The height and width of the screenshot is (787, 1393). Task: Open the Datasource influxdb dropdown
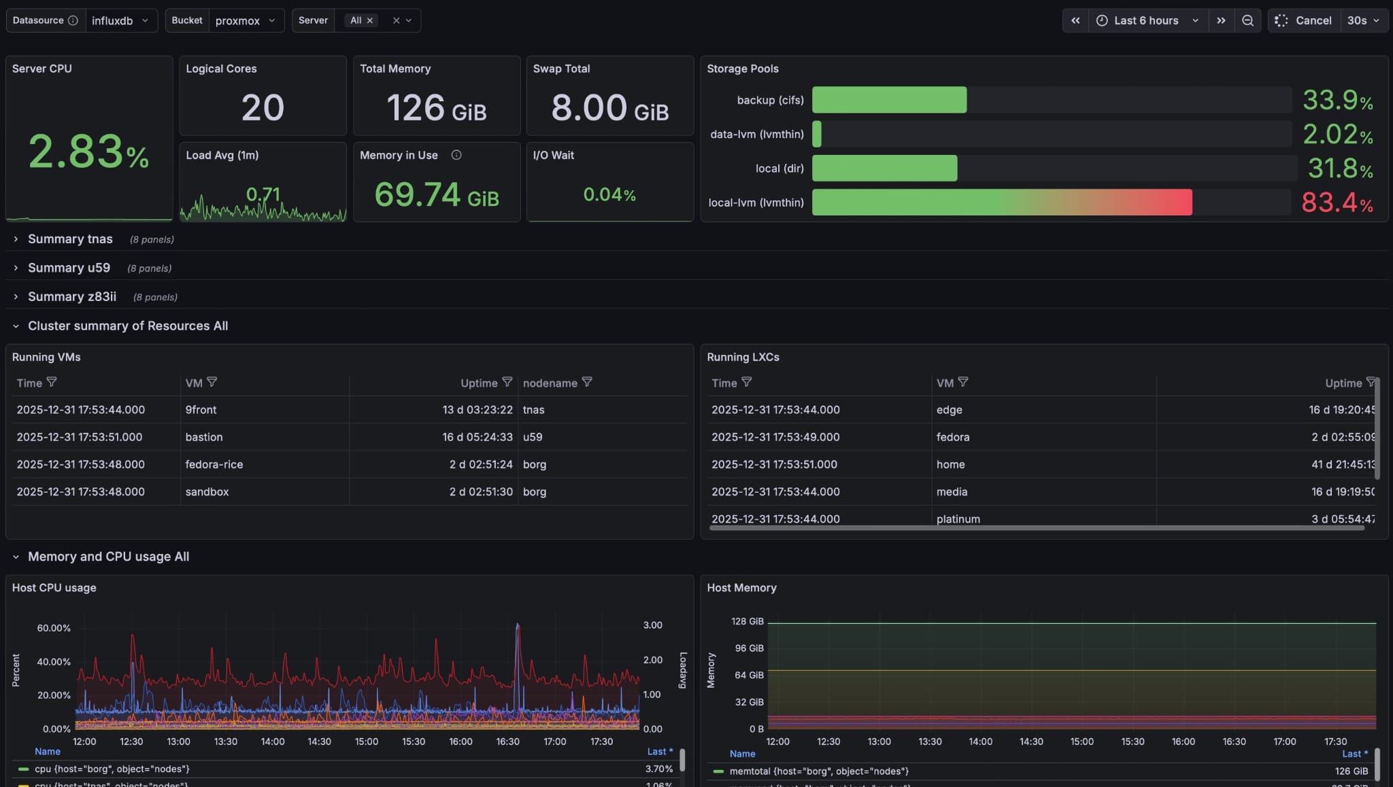[x=120, y=20]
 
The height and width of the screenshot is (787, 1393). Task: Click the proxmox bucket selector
[x=244, y=20]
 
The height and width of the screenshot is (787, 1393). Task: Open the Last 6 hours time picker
[x=1147, y=20]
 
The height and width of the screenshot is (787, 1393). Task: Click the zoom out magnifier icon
[x=1247, y=20]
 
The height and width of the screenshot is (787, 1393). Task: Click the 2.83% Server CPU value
[x=88, y=151]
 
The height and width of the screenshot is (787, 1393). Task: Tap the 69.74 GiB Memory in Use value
[x=436, y=195]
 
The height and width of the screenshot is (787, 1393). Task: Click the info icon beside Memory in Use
[x=456, y=155]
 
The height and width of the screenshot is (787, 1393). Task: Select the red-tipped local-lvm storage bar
[x=1001, y=203]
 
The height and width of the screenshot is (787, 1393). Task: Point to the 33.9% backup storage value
[x=1337, y=101]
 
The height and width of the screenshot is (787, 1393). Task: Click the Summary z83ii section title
[x=72, y=297]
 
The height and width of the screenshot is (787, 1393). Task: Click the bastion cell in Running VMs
[x=204, y=437]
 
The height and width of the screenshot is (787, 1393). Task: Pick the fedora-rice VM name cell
[x=214, y=464]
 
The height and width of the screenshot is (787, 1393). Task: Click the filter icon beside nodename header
[x=587, y=383]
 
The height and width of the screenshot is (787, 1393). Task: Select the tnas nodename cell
[x=533, y=410]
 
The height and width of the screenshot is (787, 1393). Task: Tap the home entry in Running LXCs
[x=950, y=464]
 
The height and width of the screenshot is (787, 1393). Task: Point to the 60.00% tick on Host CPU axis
[x=54, y=628]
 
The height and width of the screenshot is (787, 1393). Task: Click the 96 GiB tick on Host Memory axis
[x=749, y=648]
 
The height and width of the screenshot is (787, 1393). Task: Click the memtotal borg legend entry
[x=819, y=771]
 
